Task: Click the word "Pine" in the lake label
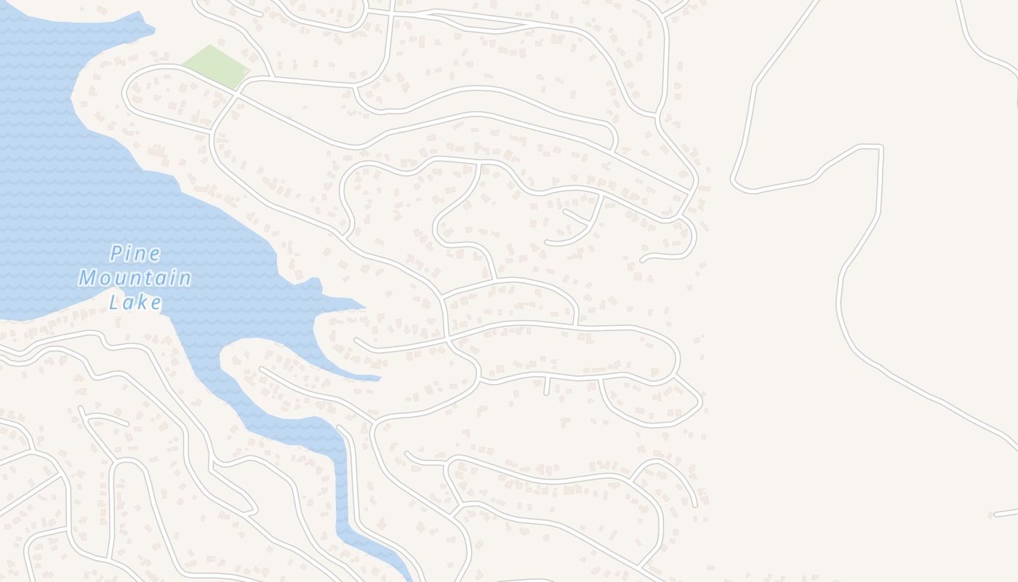tap(135, 254)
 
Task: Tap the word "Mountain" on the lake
tap(135, 278)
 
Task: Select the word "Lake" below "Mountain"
tap(135, 302)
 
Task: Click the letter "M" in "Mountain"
tap(88, 278)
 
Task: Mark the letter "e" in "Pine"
tap(155, 254)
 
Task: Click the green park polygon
tap(216, 66)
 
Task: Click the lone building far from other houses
tap(990, 515)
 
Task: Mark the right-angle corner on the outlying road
tap(881, 147)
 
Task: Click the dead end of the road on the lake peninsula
tap(261, 369)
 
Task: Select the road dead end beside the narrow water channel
tap(340, 427)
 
